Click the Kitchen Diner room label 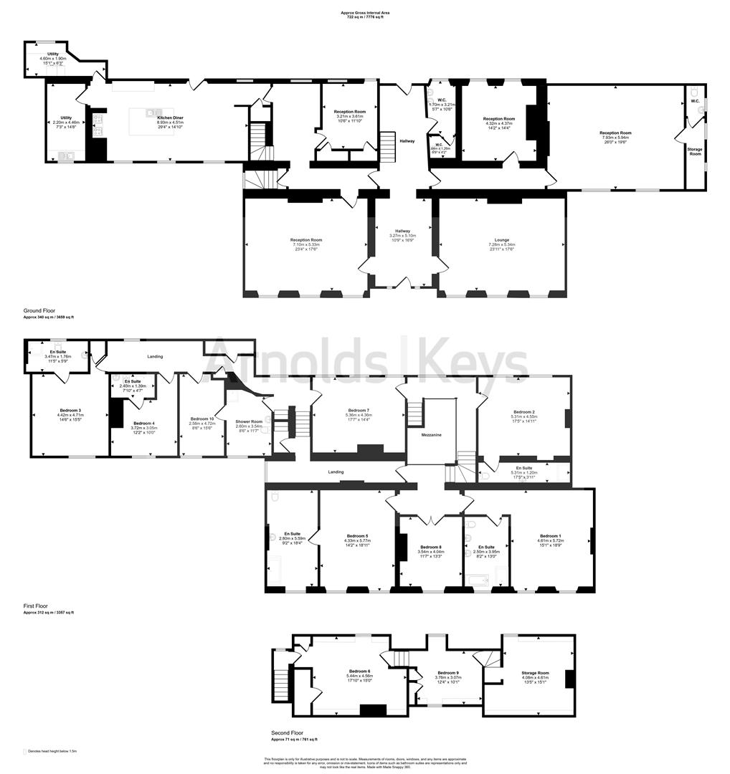(x=171, y=117)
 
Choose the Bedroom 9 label (x=447, y=672)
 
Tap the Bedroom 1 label (x=550, y=536)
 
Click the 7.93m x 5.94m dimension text (x=615, y=138)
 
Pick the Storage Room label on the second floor (x=535, y=673)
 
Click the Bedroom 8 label (x=431, y=547)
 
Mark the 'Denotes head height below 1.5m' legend (x=52, y=751)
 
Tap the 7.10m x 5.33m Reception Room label (x=306, y=240)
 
